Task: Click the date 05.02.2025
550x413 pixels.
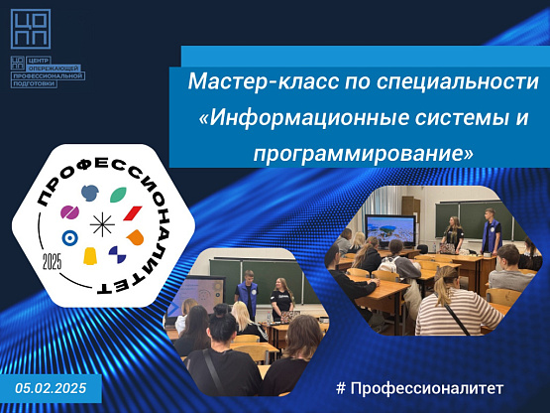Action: tap(51, 388)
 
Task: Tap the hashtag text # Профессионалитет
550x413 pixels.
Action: tap(420, 388)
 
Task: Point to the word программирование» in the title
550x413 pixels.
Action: tap(363, 154)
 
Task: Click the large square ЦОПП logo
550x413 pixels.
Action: tap(31, 29)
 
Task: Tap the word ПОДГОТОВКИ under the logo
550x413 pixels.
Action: tap(34, 83)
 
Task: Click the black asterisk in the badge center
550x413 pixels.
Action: tap(102, 224)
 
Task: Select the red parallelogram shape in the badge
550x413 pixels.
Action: tap(133, 213)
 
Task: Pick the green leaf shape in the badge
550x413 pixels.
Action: tap(118, 195)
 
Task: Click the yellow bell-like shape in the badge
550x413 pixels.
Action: tap(90, 256)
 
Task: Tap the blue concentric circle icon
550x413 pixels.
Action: tap(69, 238)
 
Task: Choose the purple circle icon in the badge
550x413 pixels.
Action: tap(69, 212)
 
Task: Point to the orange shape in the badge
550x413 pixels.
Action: tap(136, 237)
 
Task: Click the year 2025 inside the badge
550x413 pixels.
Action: tap(52, 261)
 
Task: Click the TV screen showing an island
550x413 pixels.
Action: tap(390, 230)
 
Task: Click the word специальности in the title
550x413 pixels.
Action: tap(458, 81)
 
